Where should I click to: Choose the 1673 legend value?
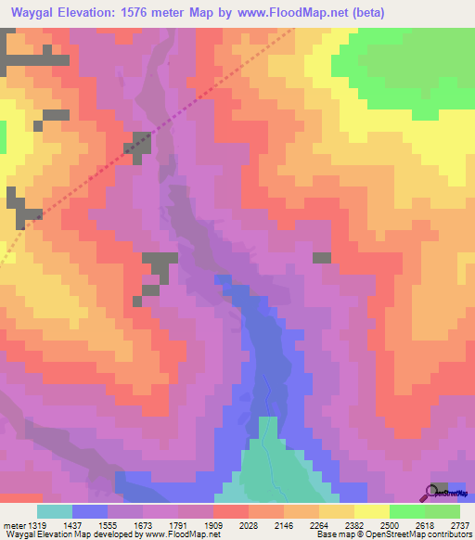tap(142, 524)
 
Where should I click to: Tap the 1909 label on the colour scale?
tap(212, 524)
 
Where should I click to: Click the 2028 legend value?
tap(248, 524)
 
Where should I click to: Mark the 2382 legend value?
tap(353, 524)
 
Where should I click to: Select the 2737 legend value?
tap(459, 524)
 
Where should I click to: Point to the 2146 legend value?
tap(283, 524)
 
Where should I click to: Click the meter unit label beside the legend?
tap(12, 524)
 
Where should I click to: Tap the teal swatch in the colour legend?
tap(55, 511)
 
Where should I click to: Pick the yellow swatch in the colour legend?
tap(372, 511)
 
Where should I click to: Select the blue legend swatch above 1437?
tap(90, 511)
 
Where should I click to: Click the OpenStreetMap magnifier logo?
tap(432, 493)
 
